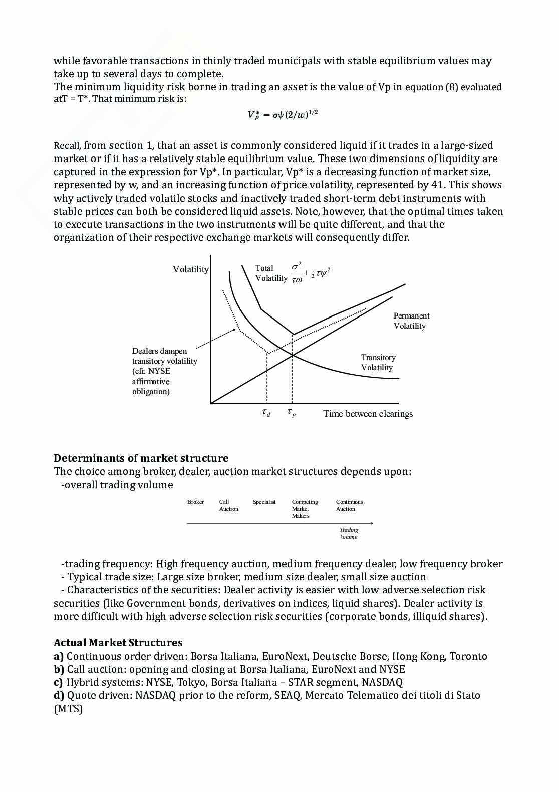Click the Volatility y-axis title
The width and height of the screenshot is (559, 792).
191,269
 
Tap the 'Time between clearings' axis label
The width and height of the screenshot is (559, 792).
368,414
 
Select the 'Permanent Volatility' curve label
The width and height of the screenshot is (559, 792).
411,321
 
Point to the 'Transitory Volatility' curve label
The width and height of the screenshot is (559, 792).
378,362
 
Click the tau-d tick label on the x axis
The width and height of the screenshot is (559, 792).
266,413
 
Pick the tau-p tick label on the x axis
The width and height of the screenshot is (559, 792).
291,413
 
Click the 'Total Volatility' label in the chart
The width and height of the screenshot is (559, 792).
271,273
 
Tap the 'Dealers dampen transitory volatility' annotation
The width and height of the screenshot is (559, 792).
164,371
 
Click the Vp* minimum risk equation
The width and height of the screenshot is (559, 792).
283,115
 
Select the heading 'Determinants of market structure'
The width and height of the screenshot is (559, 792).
141,458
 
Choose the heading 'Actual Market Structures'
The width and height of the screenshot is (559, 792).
118,643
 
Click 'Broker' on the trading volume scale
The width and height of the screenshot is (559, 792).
195,502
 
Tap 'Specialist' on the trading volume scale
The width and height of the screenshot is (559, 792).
264,502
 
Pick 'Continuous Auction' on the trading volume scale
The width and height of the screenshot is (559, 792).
349,505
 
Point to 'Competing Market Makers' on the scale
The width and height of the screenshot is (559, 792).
305,509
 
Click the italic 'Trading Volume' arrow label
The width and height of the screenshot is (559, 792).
349,533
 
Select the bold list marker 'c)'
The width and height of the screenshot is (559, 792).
59,682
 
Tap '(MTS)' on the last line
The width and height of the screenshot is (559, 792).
68,709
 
